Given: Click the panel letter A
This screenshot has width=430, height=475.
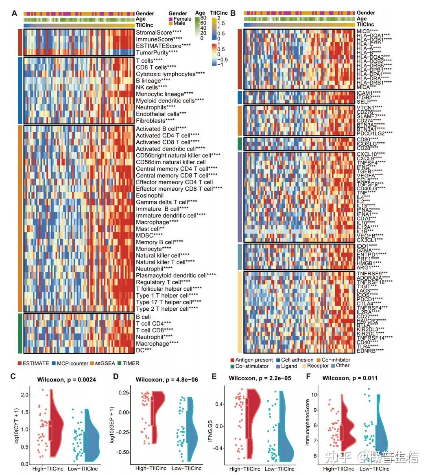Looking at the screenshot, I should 14,13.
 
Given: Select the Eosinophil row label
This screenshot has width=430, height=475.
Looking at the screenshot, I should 149,195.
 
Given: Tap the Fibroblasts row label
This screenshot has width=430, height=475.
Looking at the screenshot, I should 155,120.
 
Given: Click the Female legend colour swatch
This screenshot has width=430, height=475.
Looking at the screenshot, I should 170,19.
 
